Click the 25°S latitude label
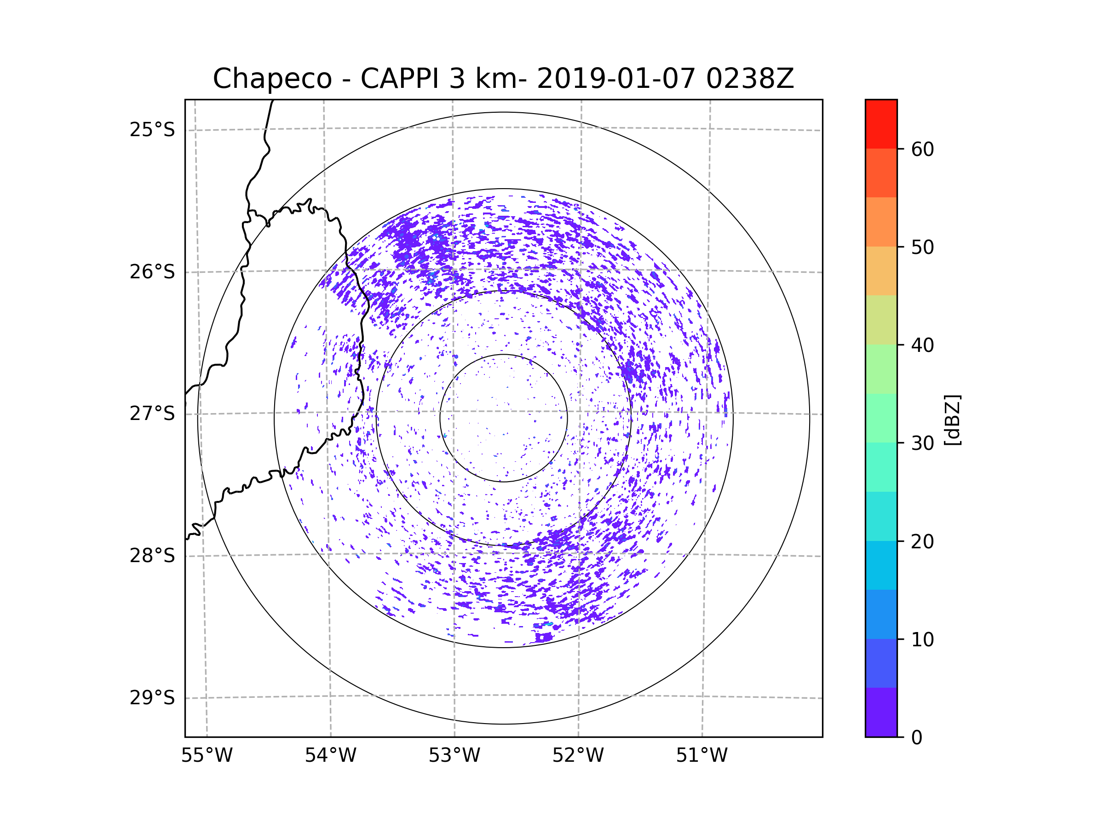tap(152, 130)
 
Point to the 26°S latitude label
tap(152, 272)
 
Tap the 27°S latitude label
tap(152, 414)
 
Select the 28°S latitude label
tap(152, 556)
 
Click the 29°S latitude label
tap(152, 698)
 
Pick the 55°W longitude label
tap(207, 756)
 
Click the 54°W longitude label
tap(330, 756)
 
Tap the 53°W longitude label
tap(454, 756)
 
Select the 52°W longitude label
tap(578, 756)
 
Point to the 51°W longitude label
tap(701, 756)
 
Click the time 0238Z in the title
tap(750, 79)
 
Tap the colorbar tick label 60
tap(922, 149)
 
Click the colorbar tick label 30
tap(922, 443)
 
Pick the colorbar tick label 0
tap(917, 738)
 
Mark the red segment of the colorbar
tap(881, 124)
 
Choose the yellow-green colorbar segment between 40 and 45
tap(881, 320)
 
